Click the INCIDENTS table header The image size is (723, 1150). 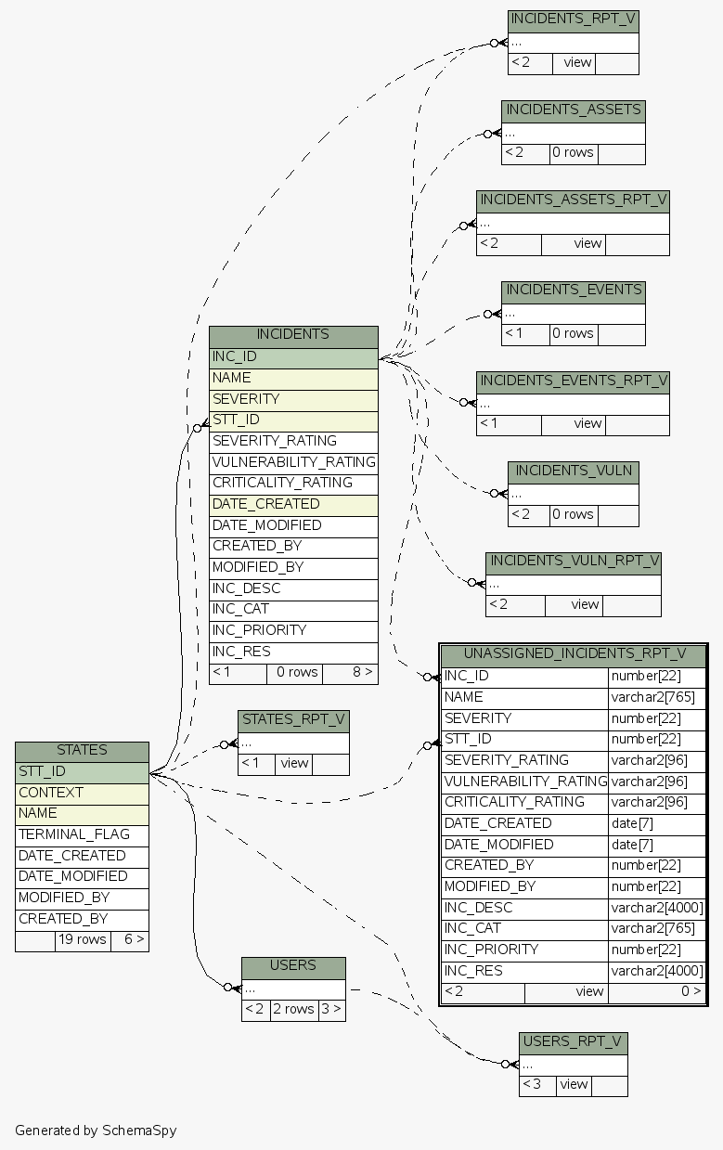pos(293,335)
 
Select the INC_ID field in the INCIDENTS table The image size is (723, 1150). pos(293,356)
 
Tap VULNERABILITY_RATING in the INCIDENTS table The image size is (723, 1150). pos(293,462)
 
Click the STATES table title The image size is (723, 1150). pos(82,750)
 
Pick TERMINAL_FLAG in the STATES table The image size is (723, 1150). pos(82,834)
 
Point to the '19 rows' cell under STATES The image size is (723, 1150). pos(82,939)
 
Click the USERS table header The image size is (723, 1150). pos(293,966)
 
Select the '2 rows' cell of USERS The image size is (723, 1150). pos(293,1009)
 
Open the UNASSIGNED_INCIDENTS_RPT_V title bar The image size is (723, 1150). pos(574,654)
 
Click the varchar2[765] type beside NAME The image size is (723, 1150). pos(657,697)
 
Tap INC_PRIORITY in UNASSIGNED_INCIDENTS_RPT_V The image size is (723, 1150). pos(524,950)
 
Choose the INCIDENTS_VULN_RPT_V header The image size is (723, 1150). pos(574,562)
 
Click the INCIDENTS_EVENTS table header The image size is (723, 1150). pos(574,291)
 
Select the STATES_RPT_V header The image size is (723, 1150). pos(293,719)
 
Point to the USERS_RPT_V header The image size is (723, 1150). pos(574,1041)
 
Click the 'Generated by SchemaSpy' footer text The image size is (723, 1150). pos(96,1131)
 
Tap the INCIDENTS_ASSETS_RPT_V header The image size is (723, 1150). pos(574,200)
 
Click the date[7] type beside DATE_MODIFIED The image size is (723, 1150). pos(657,845)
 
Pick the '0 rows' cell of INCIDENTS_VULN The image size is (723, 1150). pos(573,514)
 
